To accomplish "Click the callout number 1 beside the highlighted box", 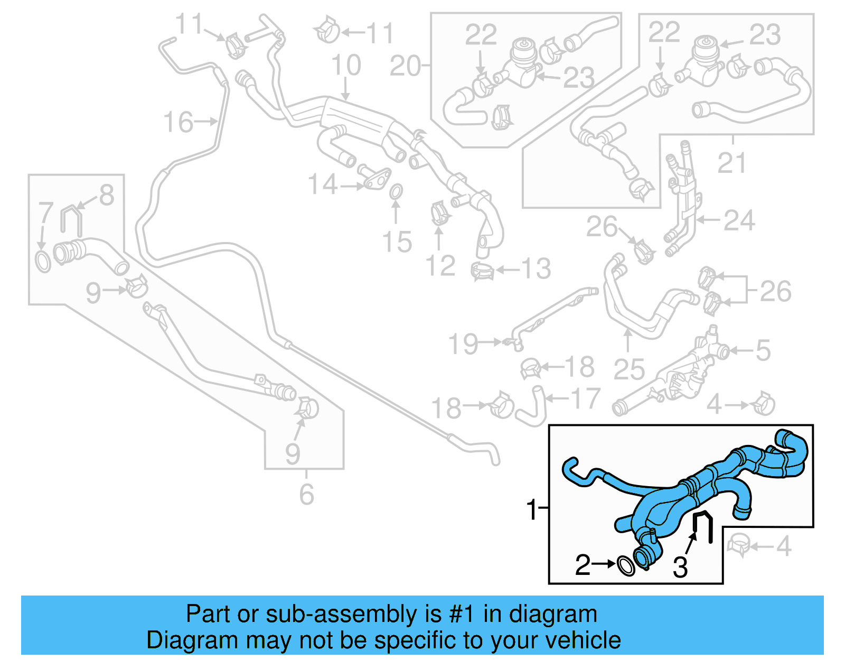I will [531, 509].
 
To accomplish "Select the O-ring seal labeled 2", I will [626, 565].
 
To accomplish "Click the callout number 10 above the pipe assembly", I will [346, 66].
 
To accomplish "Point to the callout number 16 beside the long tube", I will [178, 123].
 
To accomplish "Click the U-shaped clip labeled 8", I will [71, 219].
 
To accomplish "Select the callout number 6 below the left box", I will [306, 495].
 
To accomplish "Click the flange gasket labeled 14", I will [377, 180].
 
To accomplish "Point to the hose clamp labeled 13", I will [483, 271].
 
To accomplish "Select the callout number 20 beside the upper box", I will [405, 67].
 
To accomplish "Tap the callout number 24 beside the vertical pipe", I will [739, 220].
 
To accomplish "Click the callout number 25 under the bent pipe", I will [628, 369].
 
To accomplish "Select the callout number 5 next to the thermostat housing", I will [763, 350].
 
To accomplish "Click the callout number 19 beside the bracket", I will [463, 344].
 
